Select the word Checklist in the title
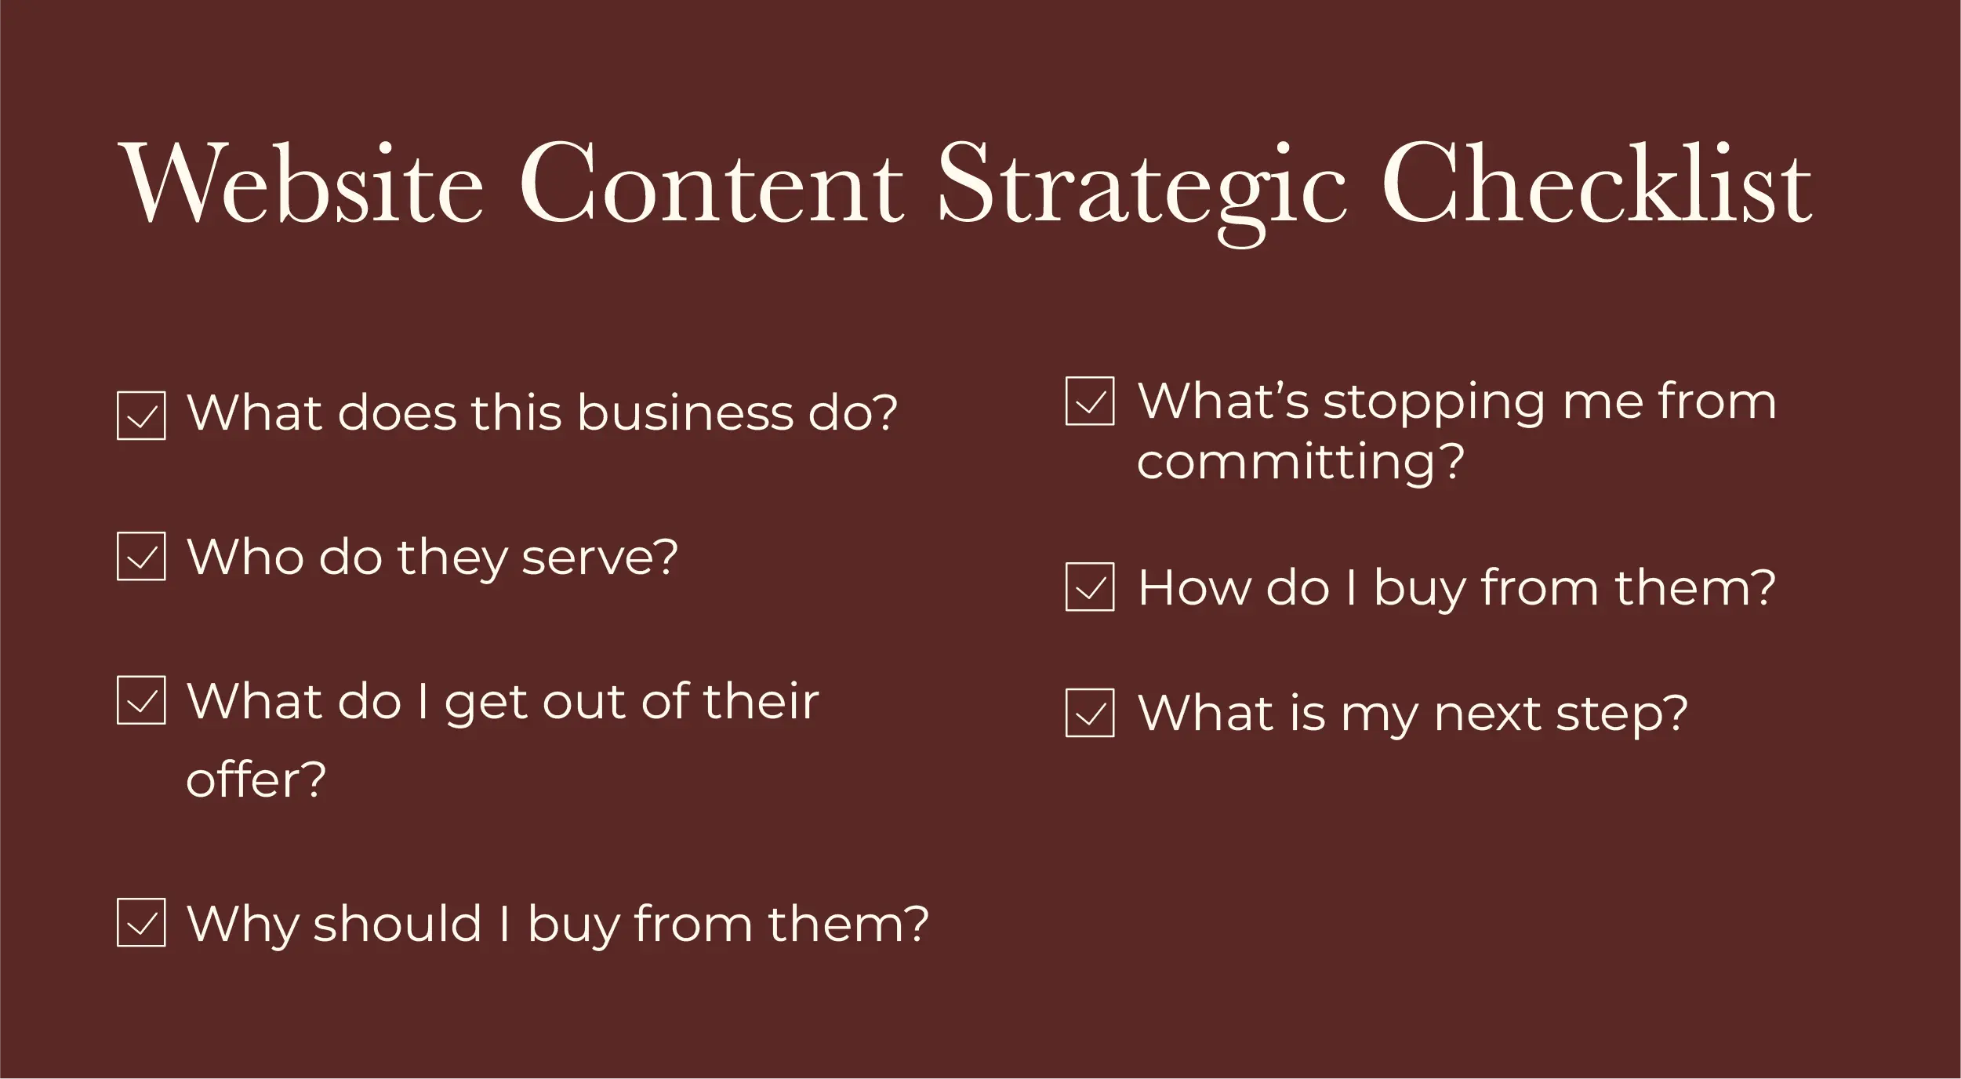click(1596, 182)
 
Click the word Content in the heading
click(712, 183)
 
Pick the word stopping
click(1434, 404)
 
